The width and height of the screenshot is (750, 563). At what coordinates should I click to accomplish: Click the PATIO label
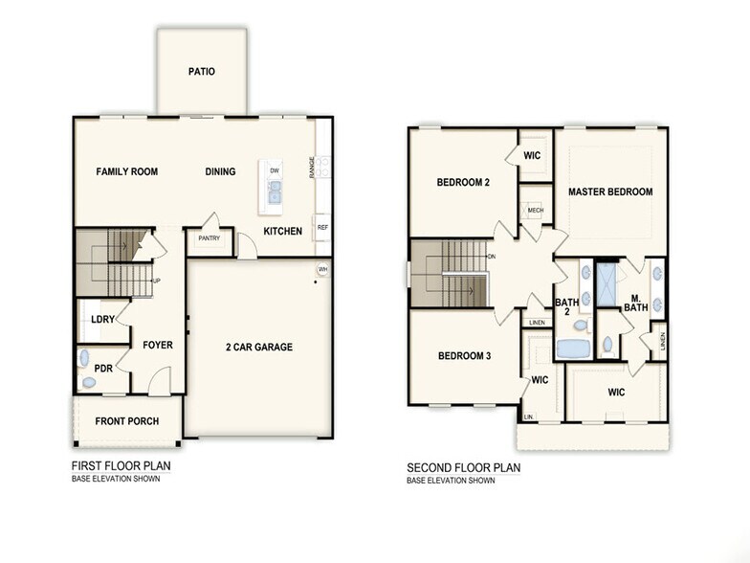201,72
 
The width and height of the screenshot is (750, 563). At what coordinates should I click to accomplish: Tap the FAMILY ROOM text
126,172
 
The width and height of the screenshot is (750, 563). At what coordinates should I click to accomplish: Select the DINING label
220,172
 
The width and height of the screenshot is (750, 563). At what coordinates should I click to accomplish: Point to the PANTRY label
210,238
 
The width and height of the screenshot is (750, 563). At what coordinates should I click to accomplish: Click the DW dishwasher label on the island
275,171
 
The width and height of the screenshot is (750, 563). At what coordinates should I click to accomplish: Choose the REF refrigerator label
322,227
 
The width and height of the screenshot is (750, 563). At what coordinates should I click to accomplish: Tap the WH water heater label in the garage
322,269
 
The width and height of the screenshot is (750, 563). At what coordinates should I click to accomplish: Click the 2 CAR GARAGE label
259,347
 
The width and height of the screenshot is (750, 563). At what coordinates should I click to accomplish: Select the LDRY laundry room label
102,320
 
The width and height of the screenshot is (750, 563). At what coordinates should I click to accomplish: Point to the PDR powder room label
102,367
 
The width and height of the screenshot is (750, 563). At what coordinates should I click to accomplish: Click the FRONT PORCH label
126,421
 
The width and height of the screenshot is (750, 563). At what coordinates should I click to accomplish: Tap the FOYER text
158,345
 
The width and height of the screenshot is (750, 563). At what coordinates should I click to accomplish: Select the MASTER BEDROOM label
610,191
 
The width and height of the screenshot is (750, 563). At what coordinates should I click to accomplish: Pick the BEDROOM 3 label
464,356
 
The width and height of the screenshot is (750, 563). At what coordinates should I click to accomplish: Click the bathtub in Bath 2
575,349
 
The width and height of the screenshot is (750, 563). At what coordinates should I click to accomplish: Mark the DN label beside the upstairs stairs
492,257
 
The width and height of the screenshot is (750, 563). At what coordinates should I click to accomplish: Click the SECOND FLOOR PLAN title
464,467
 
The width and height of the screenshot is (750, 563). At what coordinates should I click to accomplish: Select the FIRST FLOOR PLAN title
121,466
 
